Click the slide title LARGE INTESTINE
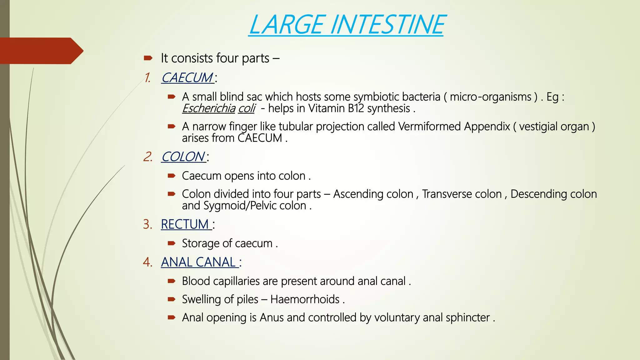tap(347, 25)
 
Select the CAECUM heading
tap(187, 77)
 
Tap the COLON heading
tap(183, 157)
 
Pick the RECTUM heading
tap(185, 224)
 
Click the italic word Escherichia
tap(208, 108)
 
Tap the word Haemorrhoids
tap(305, 299)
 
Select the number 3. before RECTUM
tap(147, 224)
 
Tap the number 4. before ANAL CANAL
tap(147, 262)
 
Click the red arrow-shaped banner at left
tap(41, 51)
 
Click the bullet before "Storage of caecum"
tap(171, 243)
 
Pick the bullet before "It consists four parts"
tap(148, 58)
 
